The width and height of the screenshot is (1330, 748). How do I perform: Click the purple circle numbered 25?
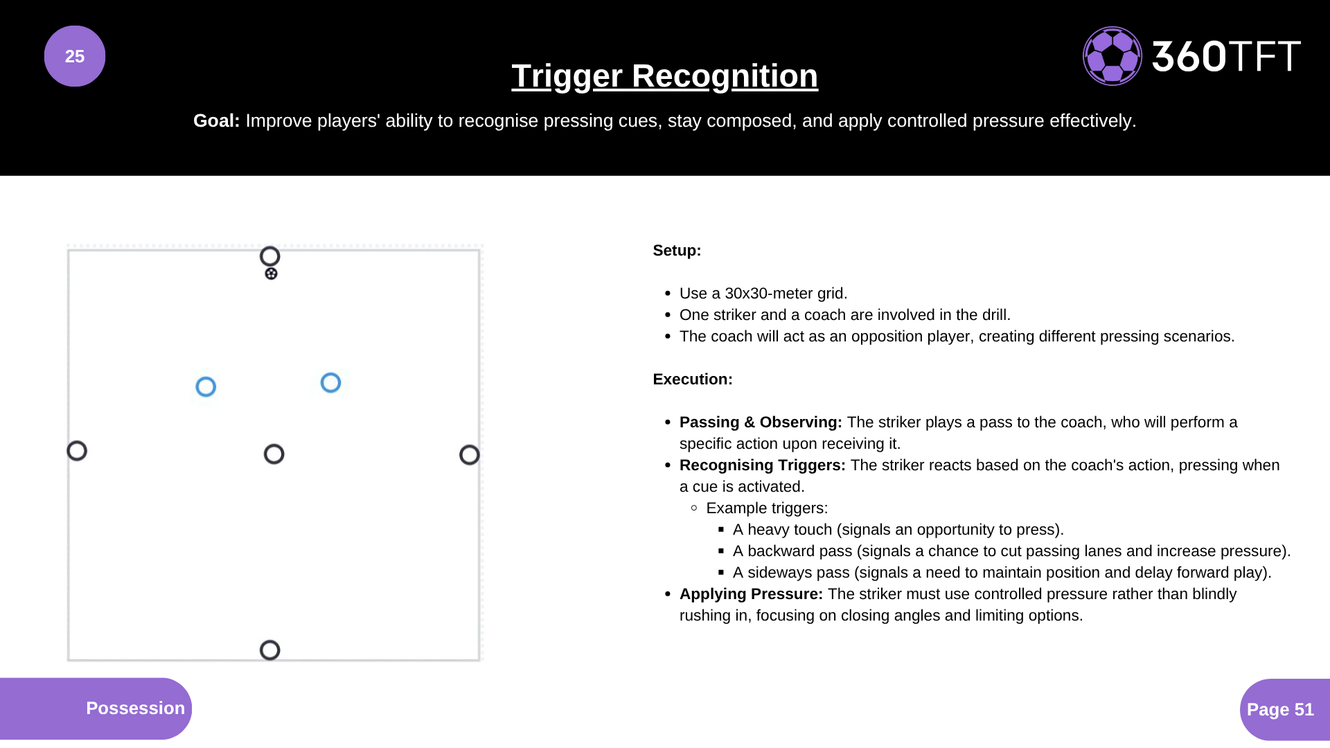pyautogui.click(x=75, y=56)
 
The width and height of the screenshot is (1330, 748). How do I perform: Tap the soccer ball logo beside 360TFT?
pyautogui.click(x=1112, y=56)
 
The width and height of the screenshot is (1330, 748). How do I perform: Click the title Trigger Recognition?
pyautogui.click(x=664, y=76)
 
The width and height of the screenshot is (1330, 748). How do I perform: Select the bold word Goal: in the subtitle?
pyautogui.click(x=216, y=121)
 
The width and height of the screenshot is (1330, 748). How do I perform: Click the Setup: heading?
pyautogui.click(x=677, y=251)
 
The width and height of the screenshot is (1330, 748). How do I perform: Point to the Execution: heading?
pyautogui.click(x=692, y=380)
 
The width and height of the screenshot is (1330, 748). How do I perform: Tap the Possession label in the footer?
pyautogui.click(x=135, y=708)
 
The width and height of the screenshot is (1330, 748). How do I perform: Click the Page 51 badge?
pyautogui.click(x=1280, y=709)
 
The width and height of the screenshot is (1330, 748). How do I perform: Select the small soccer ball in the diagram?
pyautogui.click(x=272, y=274)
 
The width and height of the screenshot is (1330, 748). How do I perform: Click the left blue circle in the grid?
pyautogui.click(x=206, y=386)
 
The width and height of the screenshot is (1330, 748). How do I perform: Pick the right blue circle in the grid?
pyautogui.click(x=330, y=382)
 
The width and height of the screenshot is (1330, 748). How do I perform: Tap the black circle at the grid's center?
pyautogui.click(x=274, y=454)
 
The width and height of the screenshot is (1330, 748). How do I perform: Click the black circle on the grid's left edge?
pyautogui.click(x=77, y=451)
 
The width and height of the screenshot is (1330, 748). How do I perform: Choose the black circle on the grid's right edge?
pyautogui.click(x=470, y=455)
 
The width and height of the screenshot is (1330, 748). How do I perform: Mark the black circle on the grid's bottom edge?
pyautogui.click(x=270, y=650)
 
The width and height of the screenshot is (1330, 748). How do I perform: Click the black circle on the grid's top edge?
pyautogui.click(x=270, y=256)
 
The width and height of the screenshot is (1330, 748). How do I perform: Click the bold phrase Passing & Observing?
pyautogui.click(x=761, y=422)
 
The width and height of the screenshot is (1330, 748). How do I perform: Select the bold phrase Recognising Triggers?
pyautogui.click(x=762, y=465)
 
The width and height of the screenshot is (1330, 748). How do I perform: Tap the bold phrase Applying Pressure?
pyautogui.click(x=751, y=594)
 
